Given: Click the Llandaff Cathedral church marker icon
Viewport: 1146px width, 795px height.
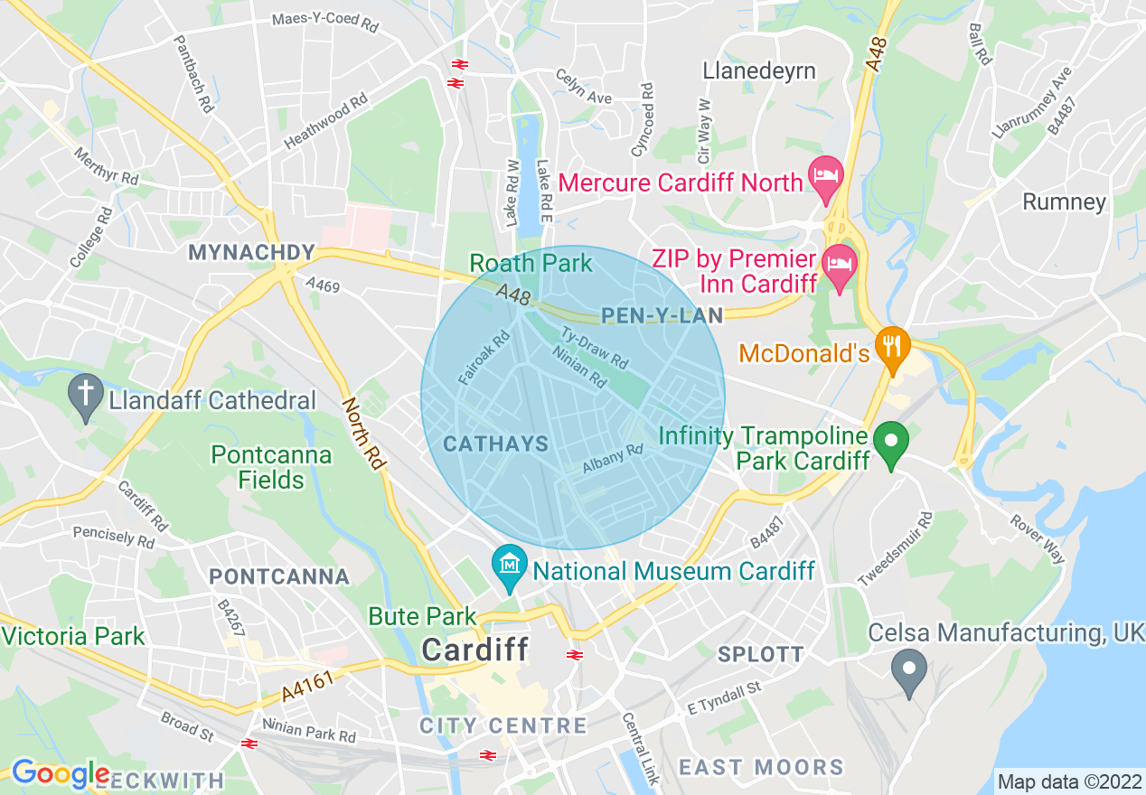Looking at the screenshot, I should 86,395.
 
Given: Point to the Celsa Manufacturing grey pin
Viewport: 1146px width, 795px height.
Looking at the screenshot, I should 909,671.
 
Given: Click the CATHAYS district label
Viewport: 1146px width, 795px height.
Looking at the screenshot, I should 496,444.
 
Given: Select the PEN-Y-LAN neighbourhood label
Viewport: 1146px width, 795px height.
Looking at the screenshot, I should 662,316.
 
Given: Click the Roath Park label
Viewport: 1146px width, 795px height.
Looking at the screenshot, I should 531,263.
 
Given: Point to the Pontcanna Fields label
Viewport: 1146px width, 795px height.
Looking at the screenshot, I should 271,466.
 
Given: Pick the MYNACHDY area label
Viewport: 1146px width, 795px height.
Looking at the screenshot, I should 251,253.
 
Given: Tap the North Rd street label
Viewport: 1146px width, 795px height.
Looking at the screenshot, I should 363,434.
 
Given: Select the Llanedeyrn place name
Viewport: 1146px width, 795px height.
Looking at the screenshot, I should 759,70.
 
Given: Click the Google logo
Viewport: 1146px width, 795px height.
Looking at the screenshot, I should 60,773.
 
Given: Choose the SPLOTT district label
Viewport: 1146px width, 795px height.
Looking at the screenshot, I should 760,654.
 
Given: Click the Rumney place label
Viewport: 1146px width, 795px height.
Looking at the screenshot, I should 1064,201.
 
